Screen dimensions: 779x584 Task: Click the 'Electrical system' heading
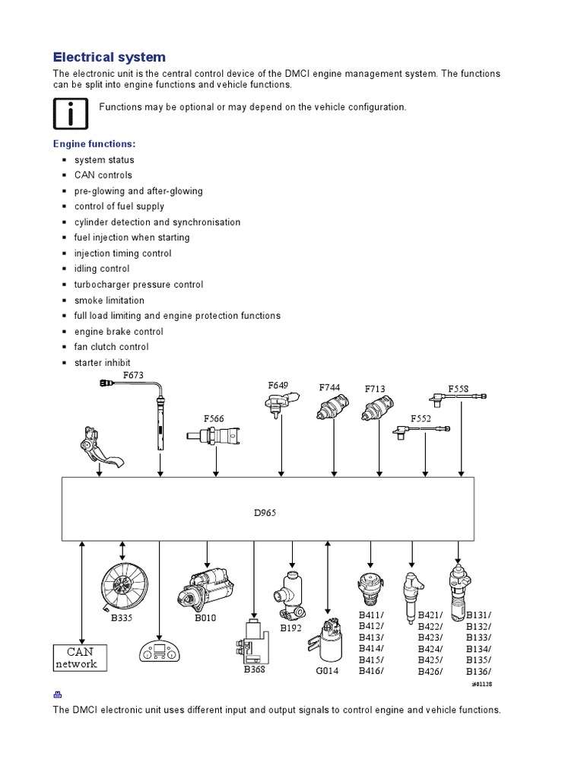click(x=109, y=57)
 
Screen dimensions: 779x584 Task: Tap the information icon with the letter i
click(x=69, y=115)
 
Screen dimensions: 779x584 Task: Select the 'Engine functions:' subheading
click(x=94, y=144)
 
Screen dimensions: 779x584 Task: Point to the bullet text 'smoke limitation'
click(x=109, y=300)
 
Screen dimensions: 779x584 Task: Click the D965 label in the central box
click(x=265, y=513)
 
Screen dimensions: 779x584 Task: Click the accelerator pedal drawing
click(x=100, y=448)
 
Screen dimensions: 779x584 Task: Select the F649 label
click(x=278, y=386)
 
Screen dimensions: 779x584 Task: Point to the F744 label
click(x=329, y=387)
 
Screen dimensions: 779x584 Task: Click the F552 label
click(x=421, y=418)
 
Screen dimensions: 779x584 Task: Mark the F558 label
click(x=459, y=389)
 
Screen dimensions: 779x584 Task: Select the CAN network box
click(x=81, y=657)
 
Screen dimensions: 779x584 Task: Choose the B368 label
click(x=253, y=669)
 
